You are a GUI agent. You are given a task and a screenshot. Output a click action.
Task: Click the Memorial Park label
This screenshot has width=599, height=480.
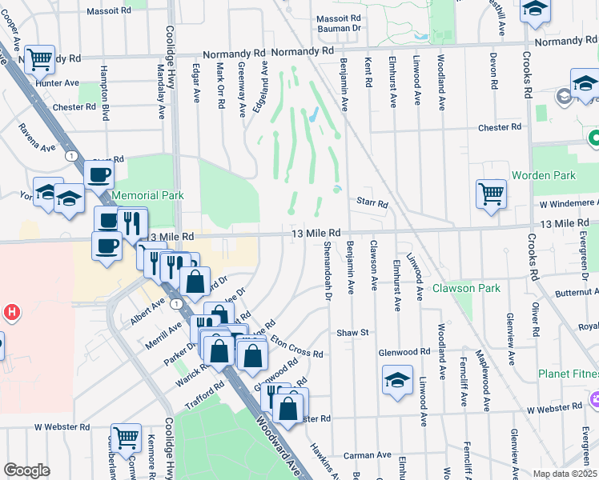147,195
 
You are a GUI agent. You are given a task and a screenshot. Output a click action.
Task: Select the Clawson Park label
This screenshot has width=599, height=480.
466,288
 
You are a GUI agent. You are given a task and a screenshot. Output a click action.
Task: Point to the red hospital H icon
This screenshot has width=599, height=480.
11,313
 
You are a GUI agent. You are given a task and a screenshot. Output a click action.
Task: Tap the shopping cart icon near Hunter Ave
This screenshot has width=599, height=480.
39,59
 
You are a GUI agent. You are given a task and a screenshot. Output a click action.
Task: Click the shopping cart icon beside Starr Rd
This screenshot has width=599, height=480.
491,194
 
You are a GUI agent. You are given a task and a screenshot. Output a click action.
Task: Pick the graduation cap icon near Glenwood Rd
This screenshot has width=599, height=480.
397,381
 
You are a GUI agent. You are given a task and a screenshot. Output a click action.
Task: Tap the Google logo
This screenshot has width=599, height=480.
26,470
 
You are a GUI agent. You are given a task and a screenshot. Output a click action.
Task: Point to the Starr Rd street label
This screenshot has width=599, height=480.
372,204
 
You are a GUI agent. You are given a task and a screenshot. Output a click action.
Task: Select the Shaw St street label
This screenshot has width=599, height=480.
352,332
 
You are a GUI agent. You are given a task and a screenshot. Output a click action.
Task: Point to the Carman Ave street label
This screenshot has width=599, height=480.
368,455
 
